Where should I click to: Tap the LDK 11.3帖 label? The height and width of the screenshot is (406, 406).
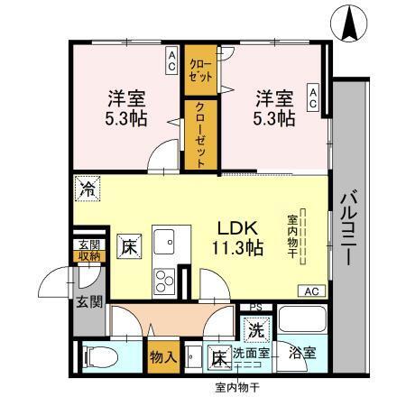pos(237,237)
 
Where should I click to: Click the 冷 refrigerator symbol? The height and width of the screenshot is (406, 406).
pos(88,189)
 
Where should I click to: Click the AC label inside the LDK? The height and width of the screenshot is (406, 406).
pos(311,291)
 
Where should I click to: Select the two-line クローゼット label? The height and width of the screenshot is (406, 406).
pos(197,69)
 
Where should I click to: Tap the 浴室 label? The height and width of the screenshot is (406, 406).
pos(303,354)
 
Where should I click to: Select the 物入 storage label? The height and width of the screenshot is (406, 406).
pos(162,358)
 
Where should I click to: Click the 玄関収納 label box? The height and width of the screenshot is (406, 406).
pos(88,250)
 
